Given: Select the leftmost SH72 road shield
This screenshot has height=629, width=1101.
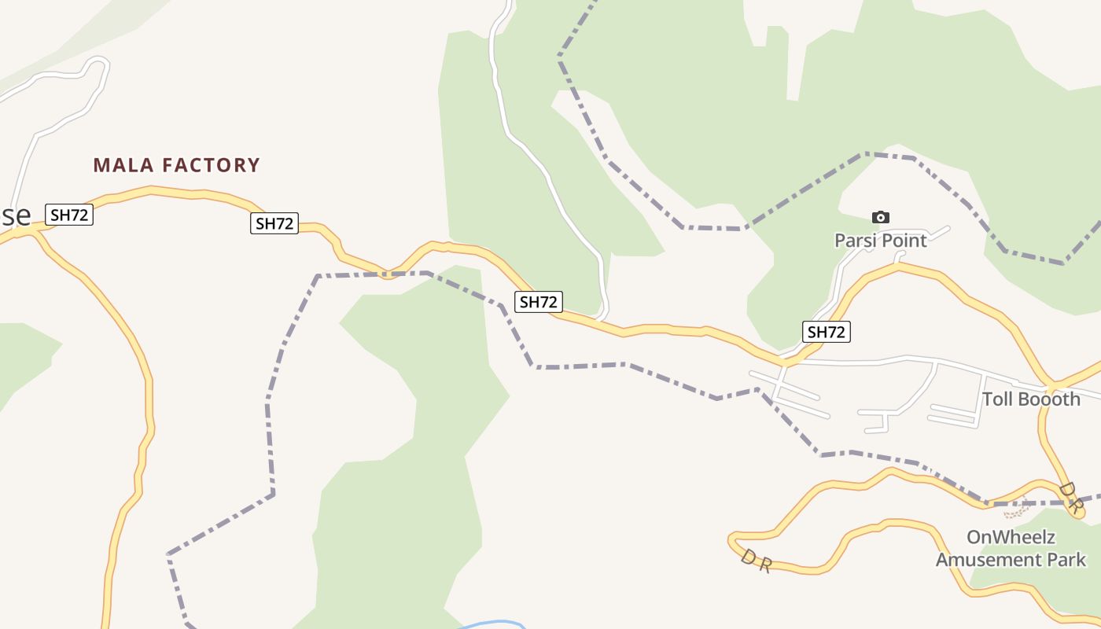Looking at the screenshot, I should pyautogui.click(x=69, y=215).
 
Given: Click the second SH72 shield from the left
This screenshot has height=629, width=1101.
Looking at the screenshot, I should pyautogui.click(x=274, y=223).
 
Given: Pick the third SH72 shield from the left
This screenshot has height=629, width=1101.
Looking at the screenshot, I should pyautogui.click(x=539, y=301).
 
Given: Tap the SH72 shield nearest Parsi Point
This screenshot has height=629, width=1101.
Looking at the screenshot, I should pyautogui.click(x=826, y=332).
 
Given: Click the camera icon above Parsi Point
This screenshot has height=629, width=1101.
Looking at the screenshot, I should pyautogui.click(x=881, y=217).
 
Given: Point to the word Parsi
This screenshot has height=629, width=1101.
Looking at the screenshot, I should pyautogui.click(x=856, y=241).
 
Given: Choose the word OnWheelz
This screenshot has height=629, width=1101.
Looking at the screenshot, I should pyautogui.click(x=1011, y=538).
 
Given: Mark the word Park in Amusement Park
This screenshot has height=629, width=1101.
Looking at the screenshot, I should pyautogui.click(x=1068, y=560).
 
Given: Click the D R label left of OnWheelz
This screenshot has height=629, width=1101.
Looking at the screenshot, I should pyautogui.click(x=756, y=561).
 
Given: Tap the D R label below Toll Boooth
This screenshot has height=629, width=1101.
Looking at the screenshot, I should pyautogui.click(x=1070, y=498).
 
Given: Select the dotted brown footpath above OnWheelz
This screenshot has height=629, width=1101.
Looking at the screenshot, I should pyautogui.click(x=1016, y=512).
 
